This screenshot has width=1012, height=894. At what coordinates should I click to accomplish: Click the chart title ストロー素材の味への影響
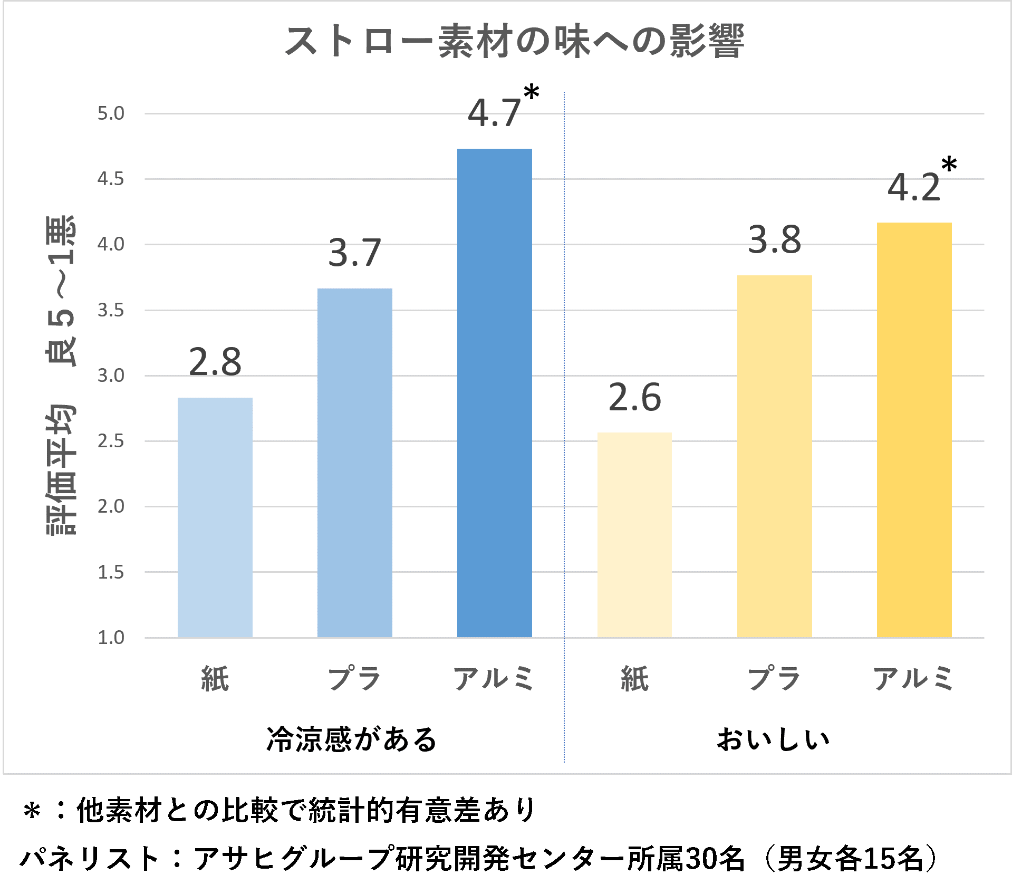514,41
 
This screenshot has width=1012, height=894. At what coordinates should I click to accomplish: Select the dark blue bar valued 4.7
494,393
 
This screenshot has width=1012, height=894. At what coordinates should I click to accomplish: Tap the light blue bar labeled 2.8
215,517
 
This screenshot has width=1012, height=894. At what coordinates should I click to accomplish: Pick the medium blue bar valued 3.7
354,463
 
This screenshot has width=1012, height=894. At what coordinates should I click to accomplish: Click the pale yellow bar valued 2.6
634,534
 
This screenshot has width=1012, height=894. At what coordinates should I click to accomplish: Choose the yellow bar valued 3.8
774,456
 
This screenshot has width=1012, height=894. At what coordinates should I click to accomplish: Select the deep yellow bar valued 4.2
914,430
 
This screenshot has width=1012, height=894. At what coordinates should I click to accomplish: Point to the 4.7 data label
494,113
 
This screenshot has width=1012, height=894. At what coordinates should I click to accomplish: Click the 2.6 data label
634,398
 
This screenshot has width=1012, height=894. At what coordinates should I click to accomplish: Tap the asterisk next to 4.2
949,165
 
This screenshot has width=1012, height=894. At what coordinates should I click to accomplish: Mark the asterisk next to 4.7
531,93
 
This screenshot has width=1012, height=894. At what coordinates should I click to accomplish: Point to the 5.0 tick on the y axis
111,113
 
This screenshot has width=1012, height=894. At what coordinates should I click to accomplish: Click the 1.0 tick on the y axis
111,638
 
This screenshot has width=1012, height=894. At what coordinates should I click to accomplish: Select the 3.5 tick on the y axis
111,310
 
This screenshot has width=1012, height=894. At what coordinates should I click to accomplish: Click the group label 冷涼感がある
352,739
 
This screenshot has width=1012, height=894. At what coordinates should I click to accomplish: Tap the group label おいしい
773,739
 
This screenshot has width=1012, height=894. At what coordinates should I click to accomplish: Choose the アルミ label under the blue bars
494,679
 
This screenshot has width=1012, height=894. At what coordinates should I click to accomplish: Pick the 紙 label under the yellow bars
634,679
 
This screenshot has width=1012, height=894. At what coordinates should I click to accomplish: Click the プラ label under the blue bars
354,679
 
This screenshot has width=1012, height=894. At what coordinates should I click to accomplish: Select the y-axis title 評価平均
61,469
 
